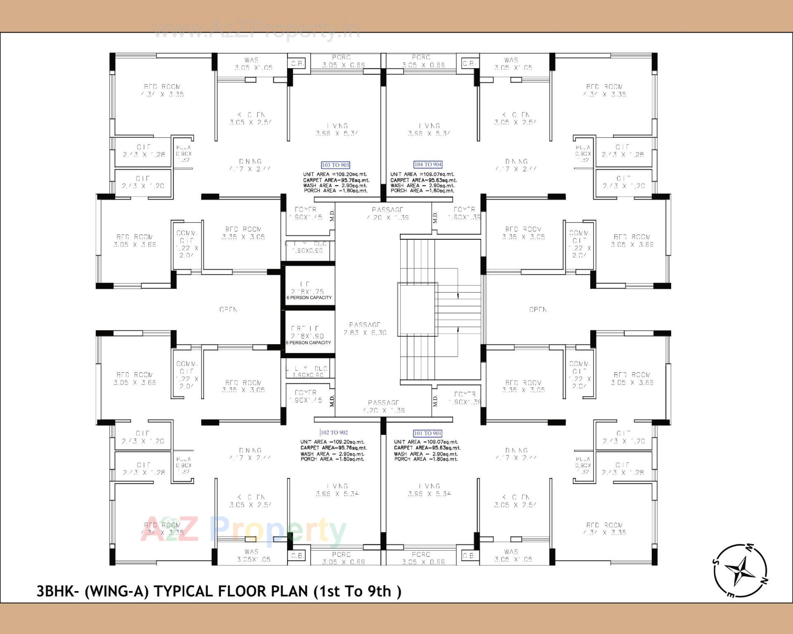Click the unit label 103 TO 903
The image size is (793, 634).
(x=335, y=165)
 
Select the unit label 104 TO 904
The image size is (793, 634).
(x=428, y=164)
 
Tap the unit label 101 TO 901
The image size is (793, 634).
(x=427, y=433)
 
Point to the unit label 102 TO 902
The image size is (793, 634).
(x=334, y=433)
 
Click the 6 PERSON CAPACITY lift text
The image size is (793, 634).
(x=309, y=298)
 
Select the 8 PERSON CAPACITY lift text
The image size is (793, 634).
(x=308, y=343)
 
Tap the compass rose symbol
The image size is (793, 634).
(x=741, y=571)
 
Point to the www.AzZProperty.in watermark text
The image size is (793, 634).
(x=256, y=30)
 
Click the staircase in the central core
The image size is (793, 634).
(x=440, y=310)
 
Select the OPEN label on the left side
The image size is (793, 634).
(x=228, y=310)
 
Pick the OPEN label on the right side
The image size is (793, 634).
(x=538, y=310)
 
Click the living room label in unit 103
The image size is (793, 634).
(x=337, y=130)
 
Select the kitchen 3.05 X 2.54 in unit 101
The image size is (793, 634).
(x=515, y=501)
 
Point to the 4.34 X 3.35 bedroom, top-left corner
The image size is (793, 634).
(x=162, y=90)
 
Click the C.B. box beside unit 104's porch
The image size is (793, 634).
(x=468, y=64)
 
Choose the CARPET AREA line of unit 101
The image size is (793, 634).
(x=427, y=448)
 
